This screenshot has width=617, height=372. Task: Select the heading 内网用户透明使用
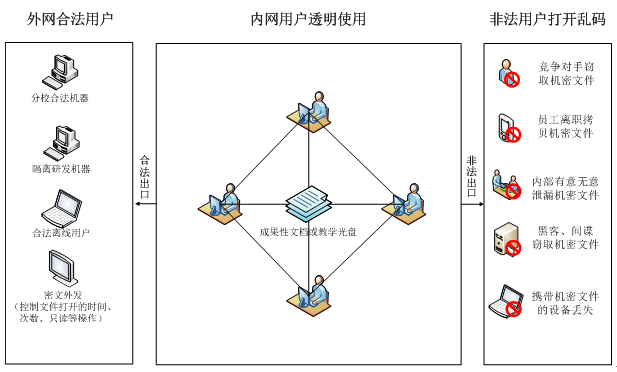(x=308, y=20)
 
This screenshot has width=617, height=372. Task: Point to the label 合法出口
(x=145, y=177)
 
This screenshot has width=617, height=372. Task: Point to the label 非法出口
(x=472, y=177)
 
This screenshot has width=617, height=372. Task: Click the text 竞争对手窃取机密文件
(x=566, y=74)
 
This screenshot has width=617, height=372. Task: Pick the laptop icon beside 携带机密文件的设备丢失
(x=508, y=300)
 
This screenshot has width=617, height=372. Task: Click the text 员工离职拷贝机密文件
(x=566, y=126)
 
